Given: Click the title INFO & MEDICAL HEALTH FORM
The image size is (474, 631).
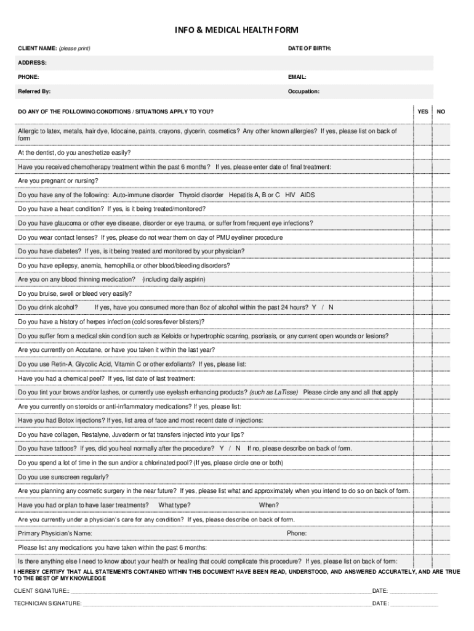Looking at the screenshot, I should [236, 31].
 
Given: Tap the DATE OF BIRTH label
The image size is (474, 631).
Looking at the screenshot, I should [310, 48].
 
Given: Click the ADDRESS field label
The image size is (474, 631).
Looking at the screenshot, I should [32, 63].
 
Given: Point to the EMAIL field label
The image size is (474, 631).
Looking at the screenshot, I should [297, 77].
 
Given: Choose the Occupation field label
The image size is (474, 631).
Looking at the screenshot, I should [303, 91].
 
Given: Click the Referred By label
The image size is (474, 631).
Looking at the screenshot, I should [34, 91].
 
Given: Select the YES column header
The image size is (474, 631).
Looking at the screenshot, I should [423, 112].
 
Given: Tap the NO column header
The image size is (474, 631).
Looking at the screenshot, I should [441, 112].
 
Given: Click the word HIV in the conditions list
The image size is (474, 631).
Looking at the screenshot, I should [290, 195].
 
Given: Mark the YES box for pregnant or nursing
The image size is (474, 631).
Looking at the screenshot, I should [423, 181].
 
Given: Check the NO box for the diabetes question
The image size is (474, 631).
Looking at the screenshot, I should [441, 251].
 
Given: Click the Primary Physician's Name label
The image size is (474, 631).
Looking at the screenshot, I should [55, 533].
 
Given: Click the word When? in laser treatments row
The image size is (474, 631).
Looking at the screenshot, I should [268, 505].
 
